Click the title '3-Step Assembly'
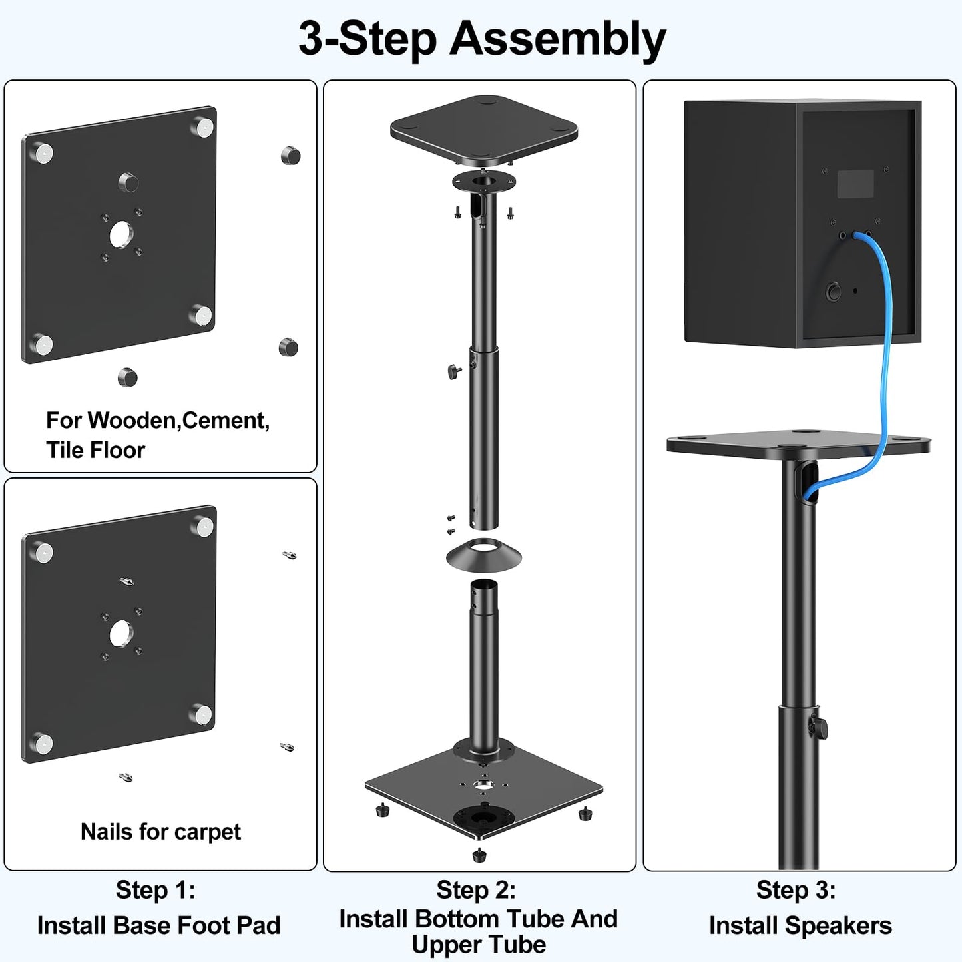[x=481, y=39]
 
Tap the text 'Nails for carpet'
[x=160, y=832]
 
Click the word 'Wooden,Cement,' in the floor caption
[x=178, y=421]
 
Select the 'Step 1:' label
[x=156, y=890]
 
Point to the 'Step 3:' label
[x=796, y=890]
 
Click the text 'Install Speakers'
[x=800, y=925]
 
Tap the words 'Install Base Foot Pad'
[x=158, y=925]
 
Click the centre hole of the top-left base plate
[x=121, y=234]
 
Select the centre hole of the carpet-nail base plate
[x=120, y=634]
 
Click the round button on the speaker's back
[x=833, y=292]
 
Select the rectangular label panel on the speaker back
[x=855, y=184]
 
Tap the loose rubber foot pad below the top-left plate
[x=127, y=378]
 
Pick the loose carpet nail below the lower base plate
[x=125, y=777]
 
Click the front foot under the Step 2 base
[x=479, y=855]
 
